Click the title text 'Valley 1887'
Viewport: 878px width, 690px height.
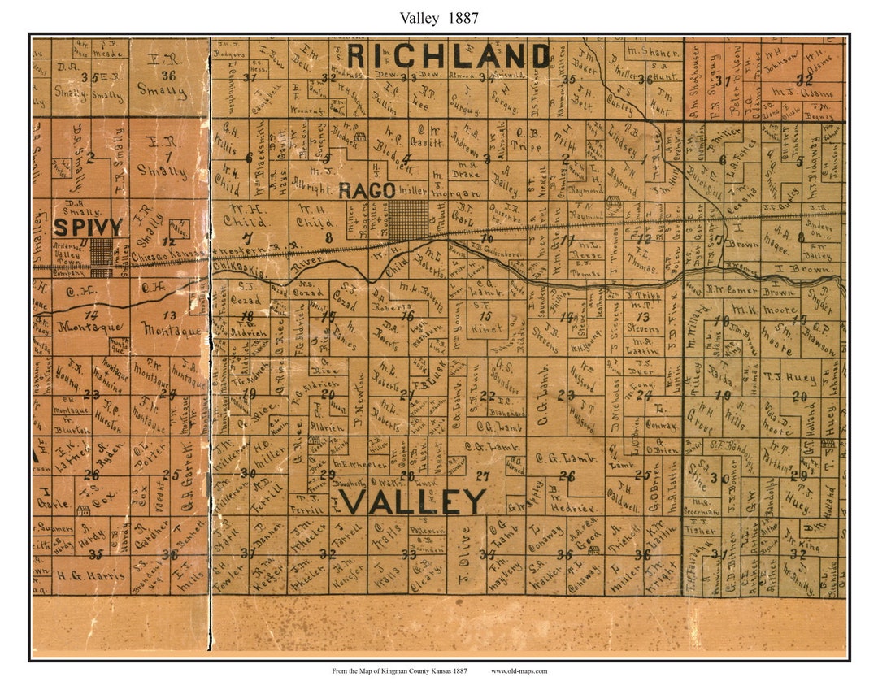439,17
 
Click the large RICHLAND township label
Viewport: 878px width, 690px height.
448,57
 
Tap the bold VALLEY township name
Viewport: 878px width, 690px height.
414,501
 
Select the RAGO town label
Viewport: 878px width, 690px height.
367,190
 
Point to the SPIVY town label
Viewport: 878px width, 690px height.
87,226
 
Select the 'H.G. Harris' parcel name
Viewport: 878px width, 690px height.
91,575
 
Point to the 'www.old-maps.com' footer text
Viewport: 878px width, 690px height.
519,670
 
